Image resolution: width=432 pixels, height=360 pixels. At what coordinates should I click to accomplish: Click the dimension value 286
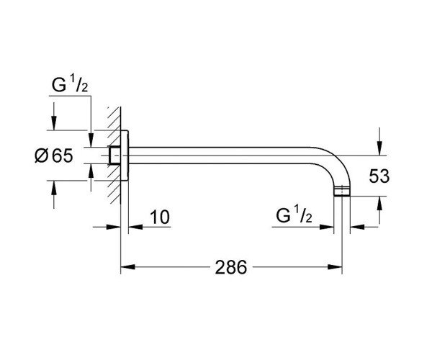[x=230, y=267]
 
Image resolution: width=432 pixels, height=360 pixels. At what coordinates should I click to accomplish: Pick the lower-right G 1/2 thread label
[x=294, y=217]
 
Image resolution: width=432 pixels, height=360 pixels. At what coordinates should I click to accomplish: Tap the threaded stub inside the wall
[x=113, y=156]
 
